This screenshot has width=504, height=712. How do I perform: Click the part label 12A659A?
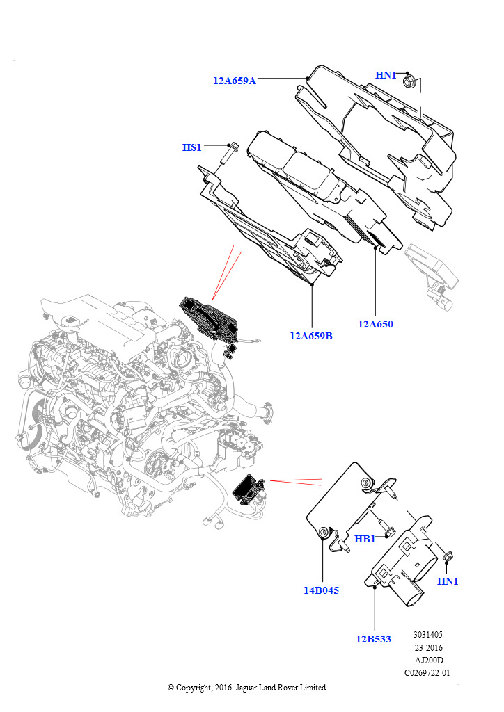235,81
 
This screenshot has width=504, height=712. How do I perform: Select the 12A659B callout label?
311,336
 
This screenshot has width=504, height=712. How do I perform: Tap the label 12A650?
375,324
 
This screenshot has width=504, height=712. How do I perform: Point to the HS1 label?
191,147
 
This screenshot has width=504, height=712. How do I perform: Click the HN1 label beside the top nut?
386,75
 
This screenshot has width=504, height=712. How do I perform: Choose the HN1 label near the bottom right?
448,581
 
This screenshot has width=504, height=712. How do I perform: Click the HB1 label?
365,539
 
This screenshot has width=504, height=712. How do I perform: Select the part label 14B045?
322,591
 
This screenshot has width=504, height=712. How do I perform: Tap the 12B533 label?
373,640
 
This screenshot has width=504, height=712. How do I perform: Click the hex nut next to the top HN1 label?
408,82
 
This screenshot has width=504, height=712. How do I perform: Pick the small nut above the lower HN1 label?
447,557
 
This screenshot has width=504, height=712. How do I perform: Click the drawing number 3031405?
427,635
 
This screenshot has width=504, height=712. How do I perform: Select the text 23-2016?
428,648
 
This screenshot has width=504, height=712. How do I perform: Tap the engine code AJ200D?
429,661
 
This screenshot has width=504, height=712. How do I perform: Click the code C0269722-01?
427,673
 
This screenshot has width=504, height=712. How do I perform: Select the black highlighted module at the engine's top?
210,318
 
